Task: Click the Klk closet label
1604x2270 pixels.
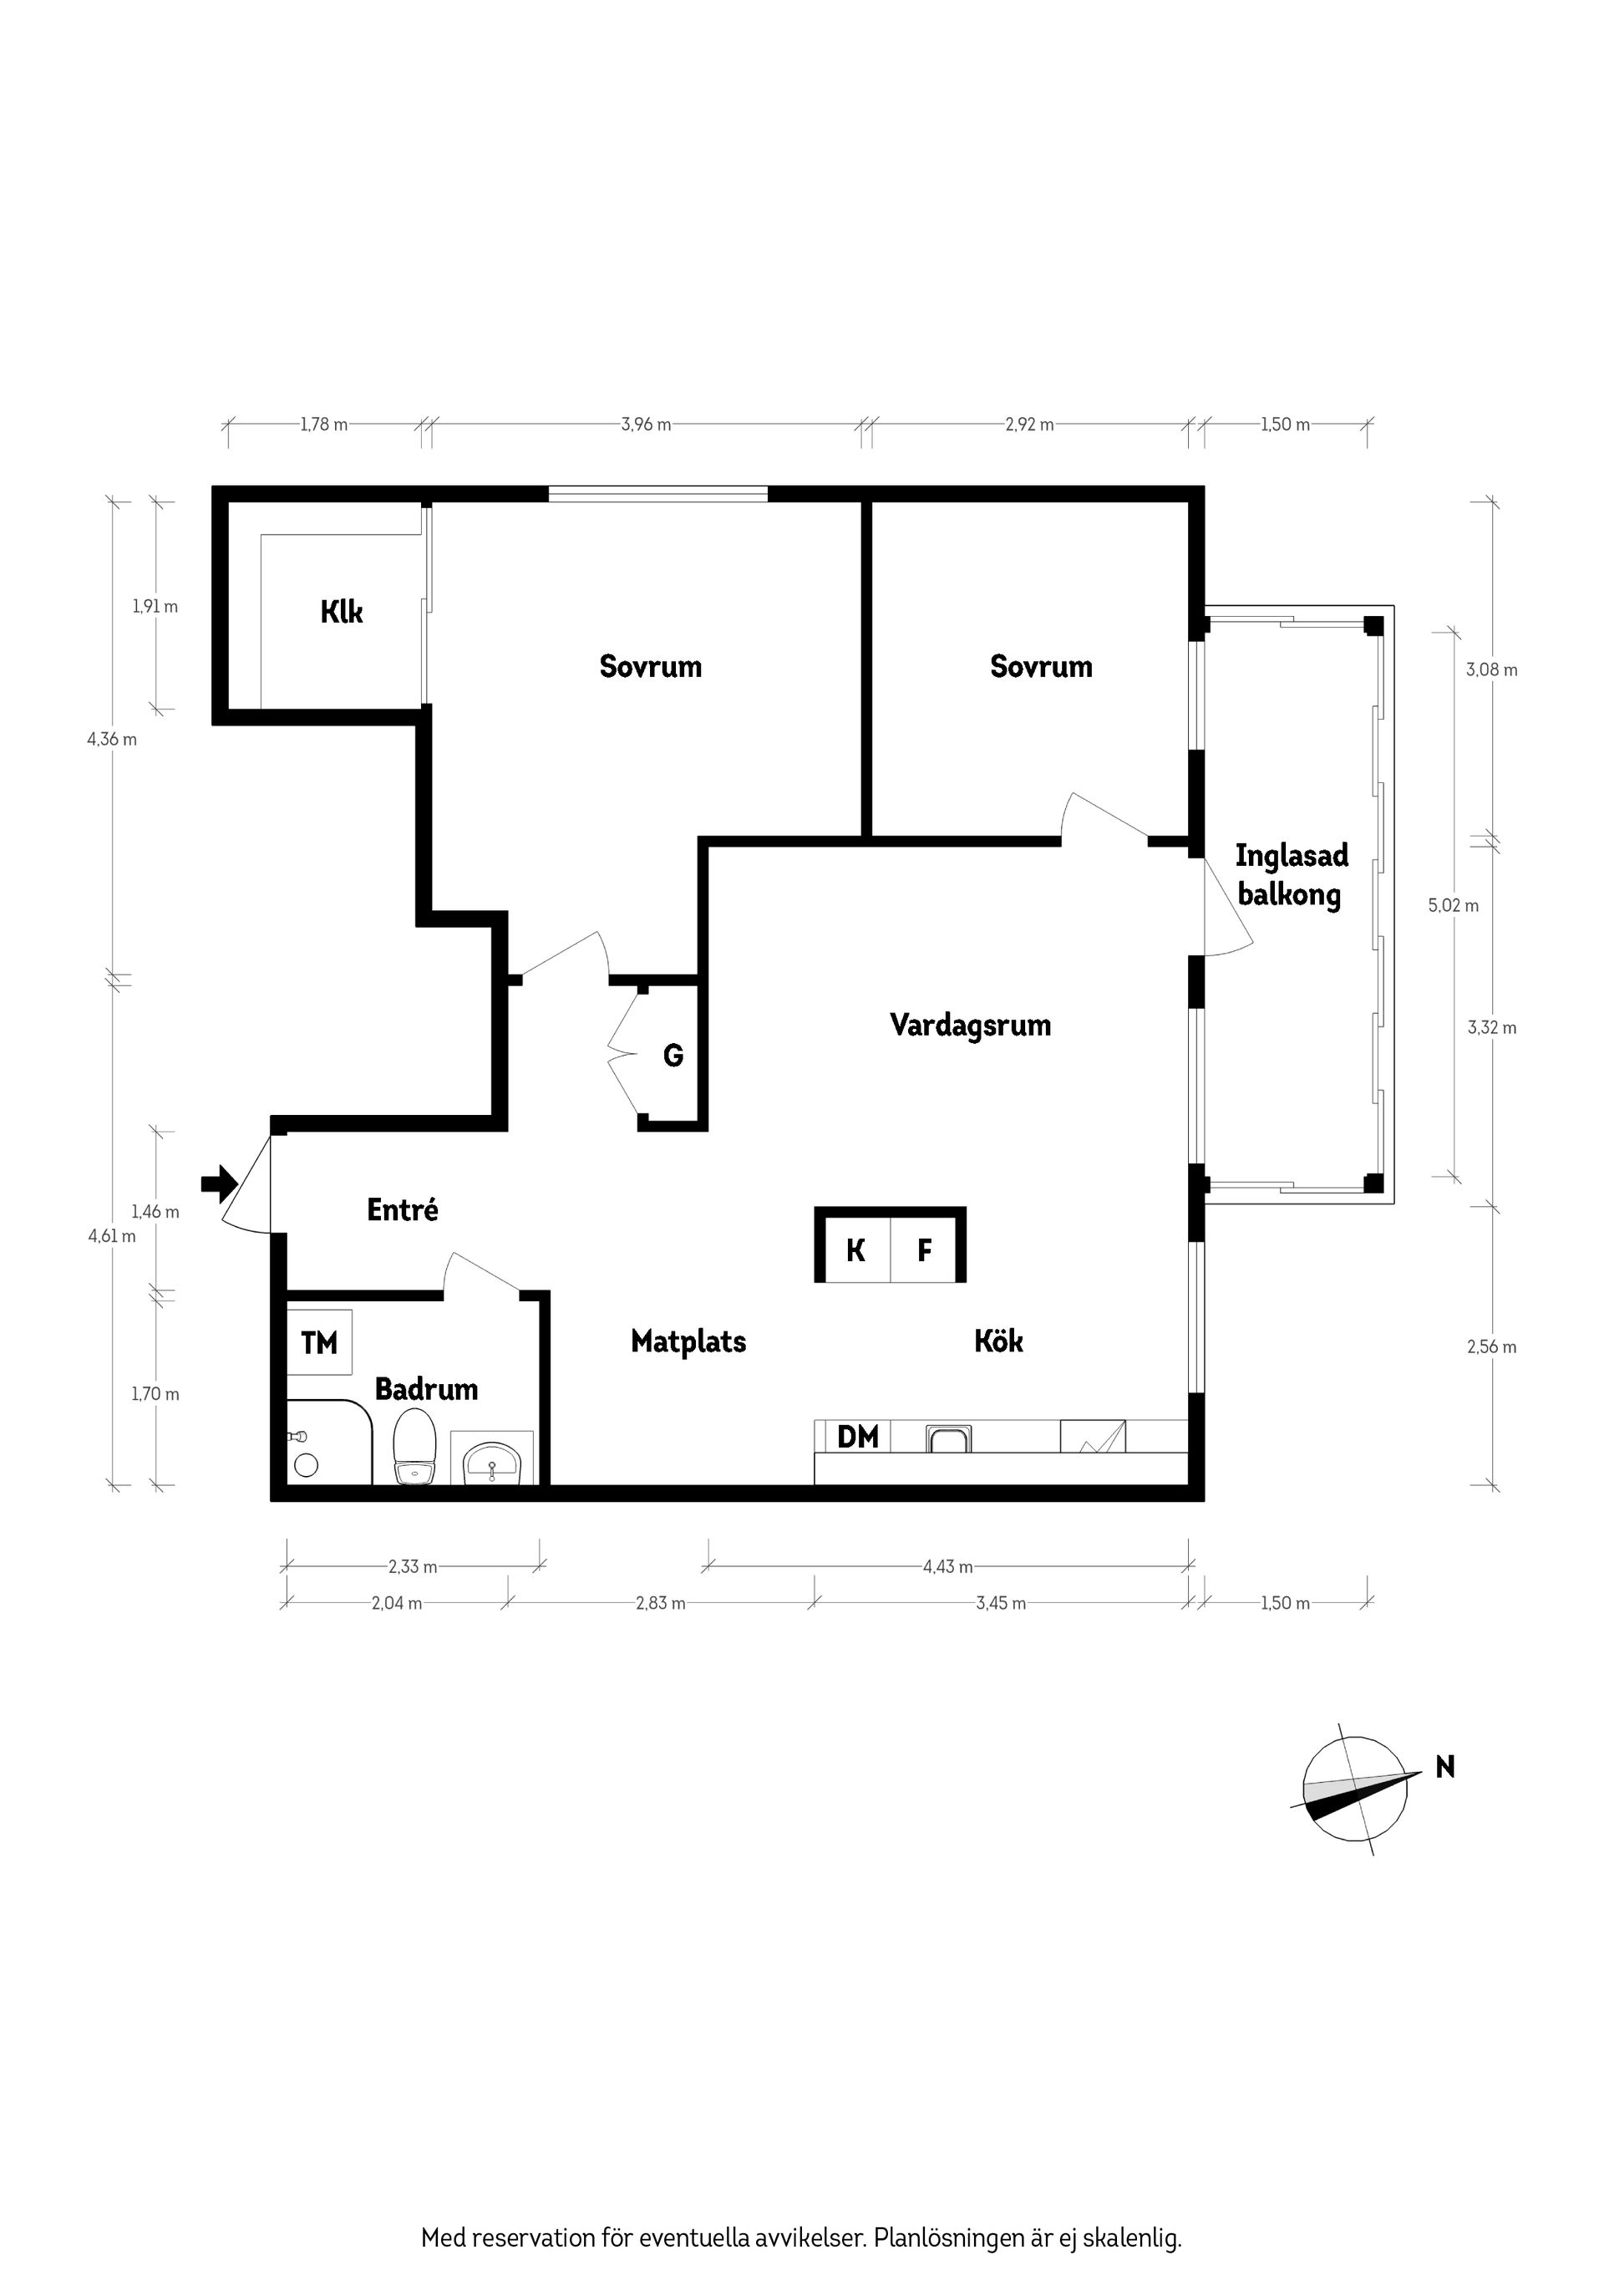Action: (342, 612)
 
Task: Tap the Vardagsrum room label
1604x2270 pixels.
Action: (971, 1026)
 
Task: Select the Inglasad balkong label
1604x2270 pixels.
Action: (1291, 875)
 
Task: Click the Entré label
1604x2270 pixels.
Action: (402, 1209)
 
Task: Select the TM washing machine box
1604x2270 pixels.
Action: (319, 1342)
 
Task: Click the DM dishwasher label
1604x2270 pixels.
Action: (857, 1437)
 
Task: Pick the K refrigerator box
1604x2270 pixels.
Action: (855, 1250)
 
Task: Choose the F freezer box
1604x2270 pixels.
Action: (925, 1250)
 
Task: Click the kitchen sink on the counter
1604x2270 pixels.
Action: (949, 1438)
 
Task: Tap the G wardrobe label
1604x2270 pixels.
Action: (673, 1056)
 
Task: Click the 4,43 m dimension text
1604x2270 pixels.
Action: (947, 1566)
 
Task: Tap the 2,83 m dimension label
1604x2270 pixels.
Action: (660, 1603)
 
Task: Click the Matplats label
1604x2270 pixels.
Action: (689, 1341)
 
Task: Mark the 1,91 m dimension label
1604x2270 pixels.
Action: (155, 606)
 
